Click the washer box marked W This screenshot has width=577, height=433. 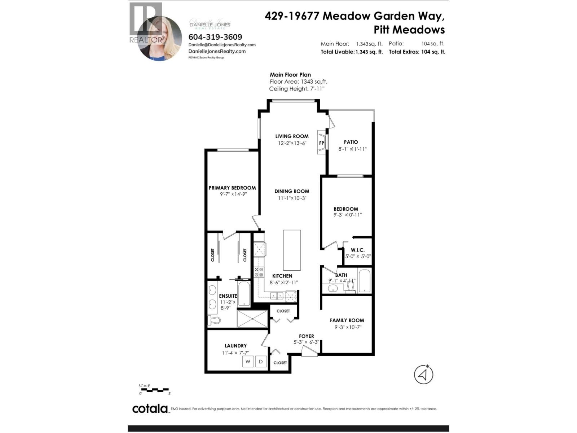click(248, 361)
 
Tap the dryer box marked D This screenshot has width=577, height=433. click(261, 361)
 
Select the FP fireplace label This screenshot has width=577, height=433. click(322, 143)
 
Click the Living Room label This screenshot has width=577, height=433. click(292, 136)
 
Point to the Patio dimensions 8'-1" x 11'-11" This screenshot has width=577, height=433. click(352, 149)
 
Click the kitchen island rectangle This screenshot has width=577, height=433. click(292, 250)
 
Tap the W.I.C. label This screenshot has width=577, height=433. click(357, 250)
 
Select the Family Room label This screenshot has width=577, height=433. click(347, 320)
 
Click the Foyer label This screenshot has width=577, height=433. click(306, 336)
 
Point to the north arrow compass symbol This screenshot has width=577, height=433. click(423, 375)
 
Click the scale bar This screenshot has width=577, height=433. click(154, 390)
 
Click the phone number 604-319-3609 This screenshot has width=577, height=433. click(215, 37)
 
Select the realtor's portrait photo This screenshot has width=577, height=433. click(160, 38)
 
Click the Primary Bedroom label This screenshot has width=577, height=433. click(232, 188)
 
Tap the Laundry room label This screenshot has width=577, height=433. click(235, 346)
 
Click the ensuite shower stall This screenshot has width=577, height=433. click(252, 319)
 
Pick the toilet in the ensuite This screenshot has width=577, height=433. click(213, 320)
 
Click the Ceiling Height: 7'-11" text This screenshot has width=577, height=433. click(296, 89)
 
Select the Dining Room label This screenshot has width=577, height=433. click(292, 191)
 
